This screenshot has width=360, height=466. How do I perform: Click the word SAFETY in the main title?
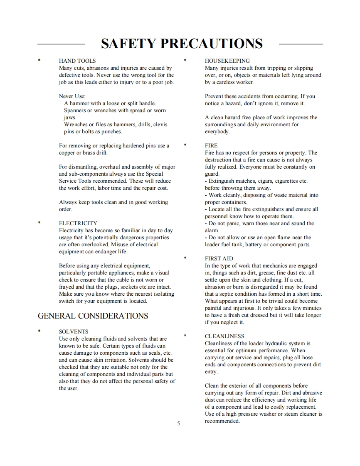tap(129, 44)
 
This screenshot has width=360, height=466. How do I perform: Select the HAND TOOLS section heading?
tap(77, 61)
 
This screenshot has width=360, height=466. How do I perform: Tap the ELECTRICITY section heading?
tap(78, 223)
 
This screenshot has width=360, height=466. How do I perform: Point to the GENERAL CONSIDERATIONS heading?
tap(93, 316)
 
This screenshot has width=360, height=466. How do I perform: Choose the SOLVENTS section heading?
tap(74, 332)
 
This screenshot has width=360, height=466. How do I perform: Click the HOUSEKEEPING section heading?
tap(227, 61)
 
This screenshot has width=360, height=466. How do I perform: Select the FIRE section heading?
tap(211, 146)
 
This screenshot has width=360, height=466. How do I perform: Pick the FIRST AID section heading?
tap(219, 258)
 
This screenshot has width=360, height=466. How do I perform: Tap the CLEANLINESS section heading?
tap(224, 336)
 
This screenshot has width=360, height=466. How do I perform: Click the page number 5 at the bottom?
tap(178, 424)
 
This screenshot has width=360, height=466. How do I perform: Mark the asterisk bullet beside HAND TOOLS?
tap(39, 61)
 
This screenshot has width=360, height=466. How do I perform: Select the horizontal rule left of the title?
tap(61, 44)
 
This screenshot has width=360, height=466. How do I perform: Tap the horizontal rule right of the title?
tap(301, 44)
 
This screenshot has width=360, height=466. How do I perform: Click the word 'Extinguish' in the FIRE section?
tap(222, 181)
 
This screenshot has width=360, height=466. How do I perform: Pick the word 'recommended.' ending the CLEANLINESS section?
tap(222, 421)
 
